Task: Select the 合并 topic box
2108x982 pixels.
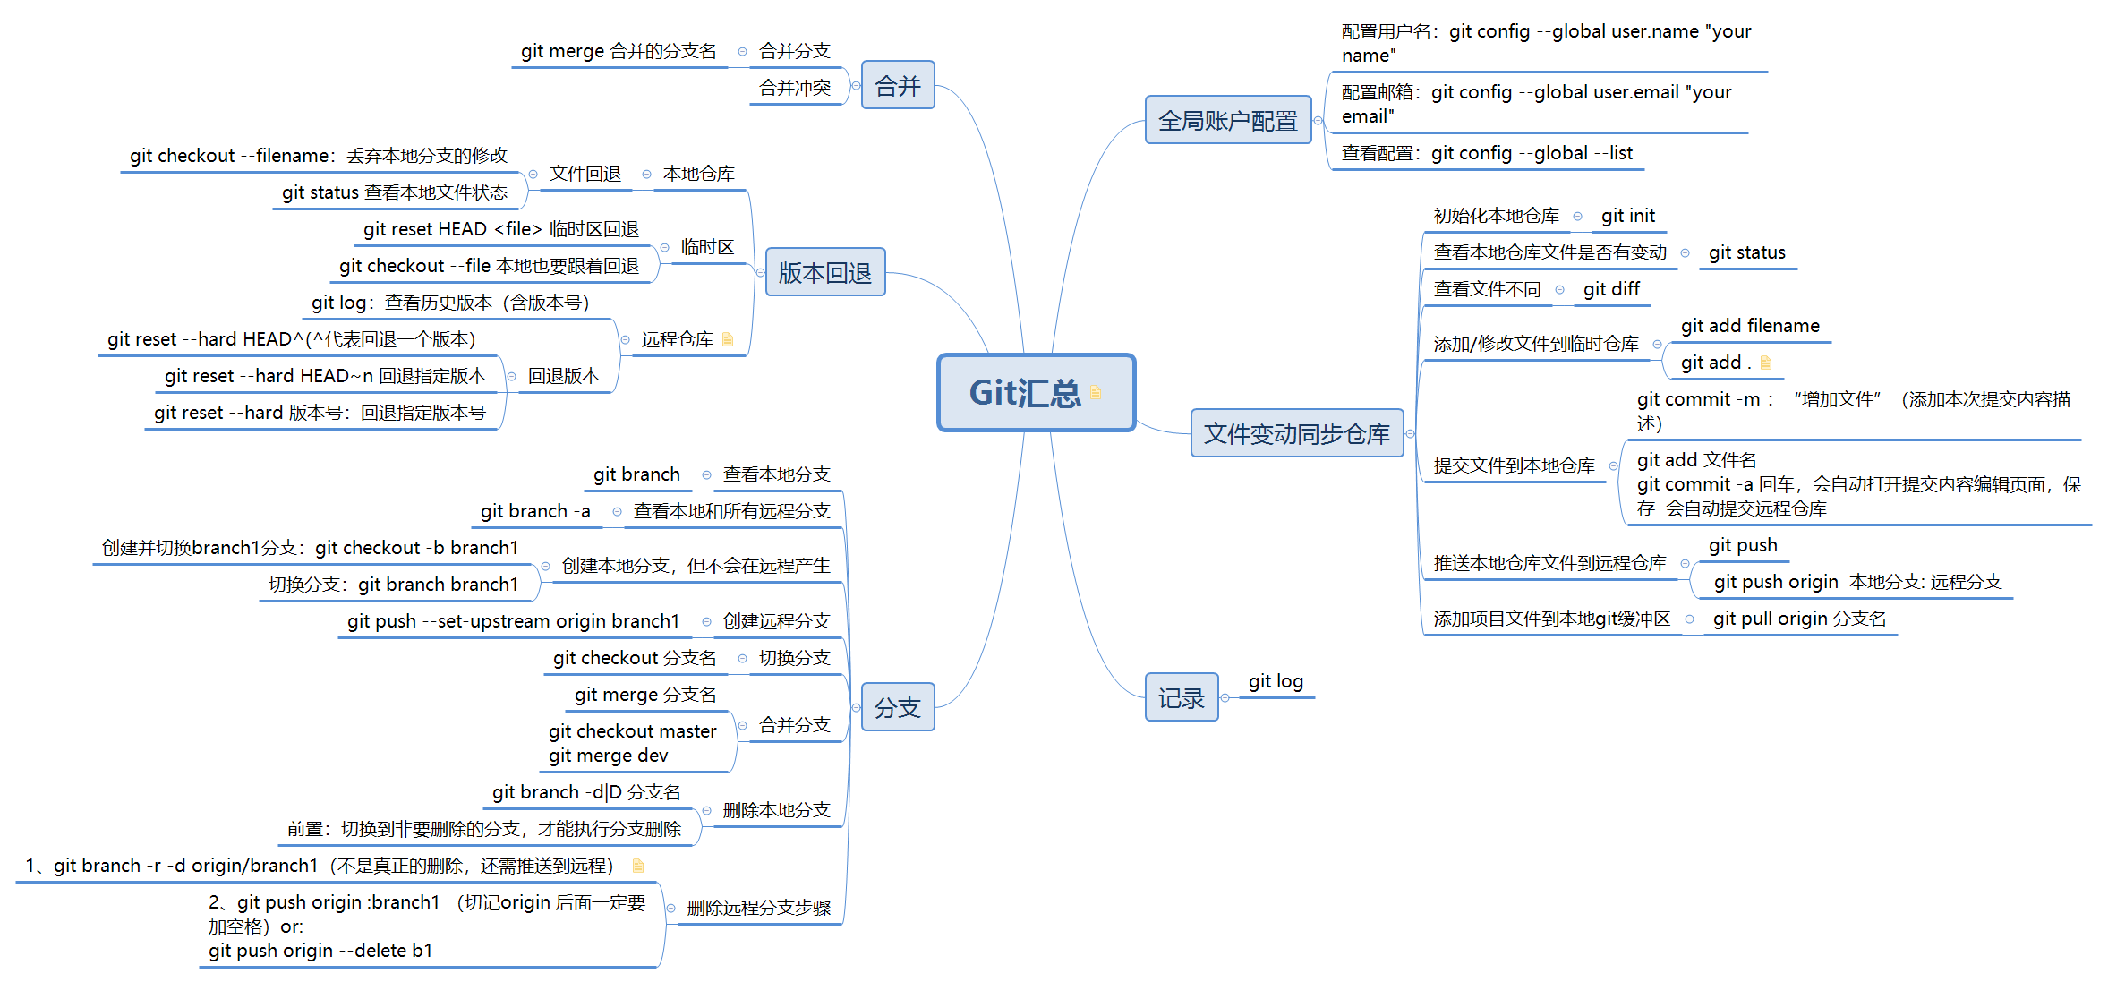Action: click(897, 86)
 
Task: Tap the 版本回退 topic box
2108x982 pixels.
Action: click(824, 272)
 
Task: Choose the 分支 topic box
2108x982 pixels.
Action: click(897, 708)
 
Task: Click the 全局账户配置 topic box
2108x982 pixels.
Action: click(1227, 121)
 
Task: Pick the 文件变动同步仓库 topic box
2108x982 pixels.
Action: click(1296, 434)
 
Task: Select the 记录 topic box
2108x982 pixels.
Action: click(1181, 698)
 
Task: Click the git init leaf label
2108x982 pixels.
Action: click(1627, 216)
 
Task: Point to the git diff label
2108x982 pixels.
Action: click(1611, 289)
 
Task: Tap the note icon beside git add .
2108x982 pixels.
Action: click(1766, 363)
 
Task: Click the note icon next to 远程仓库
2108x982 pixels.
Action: click(728, 339)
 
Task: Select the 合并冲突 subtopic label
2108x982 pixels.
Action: click(794, 88)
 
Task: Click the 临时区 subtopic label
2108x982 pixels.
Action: click(707, 247)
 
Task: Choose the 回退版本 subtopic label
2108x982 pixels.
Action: click(563, 376)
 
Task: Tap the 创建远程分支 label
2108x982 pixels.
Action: click(776, 621)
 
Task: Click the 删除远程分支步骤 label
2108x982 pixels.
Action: click(758, 908)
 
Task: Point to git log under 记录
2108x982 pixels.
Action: click(1276, 681)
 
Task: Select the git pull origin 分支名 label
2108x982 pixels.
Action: click(1799, 619)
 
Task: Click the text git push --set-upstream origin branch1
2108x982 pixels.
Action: click(513, 621)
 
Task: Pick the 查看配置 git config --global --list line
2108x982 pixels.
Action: click(1487, 153)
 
